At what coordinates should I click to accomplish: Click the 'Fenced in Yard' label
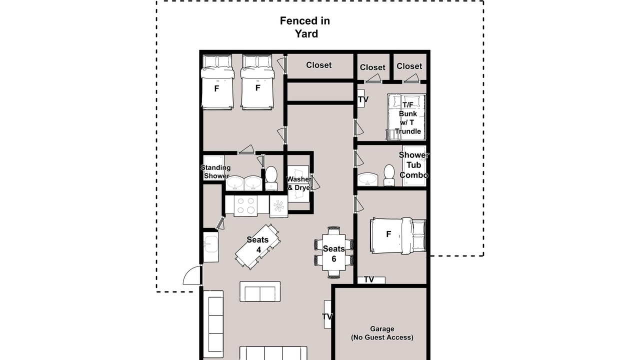[x=305, y=27]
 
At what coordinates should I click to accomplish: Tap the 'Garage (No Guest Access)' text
[x=382, y=333]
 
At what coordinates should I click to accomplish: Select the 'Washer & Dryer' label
[x=299, y=183]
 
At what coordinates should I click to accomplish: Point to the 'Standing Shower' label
[x=215, y=171]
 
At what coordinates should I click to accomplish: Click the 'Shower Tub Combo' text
[x=413, y=165]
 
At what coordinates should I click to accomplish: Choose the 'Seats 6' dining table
[x=333, y=252]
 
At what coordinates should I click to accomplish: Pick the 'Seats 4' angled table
[x=257, y=246]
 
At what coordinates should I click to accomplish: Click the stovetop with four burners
[x=245, y=205]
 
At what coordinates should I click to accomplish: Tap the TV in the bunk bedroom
[x=361, y=99]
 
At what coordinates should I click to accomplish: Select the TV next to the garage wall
[x=327, y=314]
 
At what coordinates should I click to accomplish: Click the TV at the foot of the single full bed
[x=371, y=280]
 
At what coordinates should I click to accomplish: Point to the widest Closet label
[x=319, y=65]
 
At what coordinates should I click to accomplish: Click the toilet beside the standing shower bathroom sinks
[x=271, y=178]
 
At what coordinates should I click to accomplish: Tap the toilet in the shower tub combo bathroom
[x=389, y=175]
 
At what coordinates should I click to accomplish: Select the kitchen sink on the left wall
[x=211, y=247]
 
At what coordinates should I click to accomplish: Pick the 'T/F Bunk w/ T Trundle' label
[x=408, y=118]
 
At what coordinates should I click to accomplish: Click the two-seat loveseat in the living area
[x=260, y=291]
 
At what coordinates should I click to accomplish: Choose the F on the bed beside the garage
[x=388, y=234]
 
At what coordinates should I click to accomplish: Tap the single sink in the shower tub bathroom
[x=367, y=179]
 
